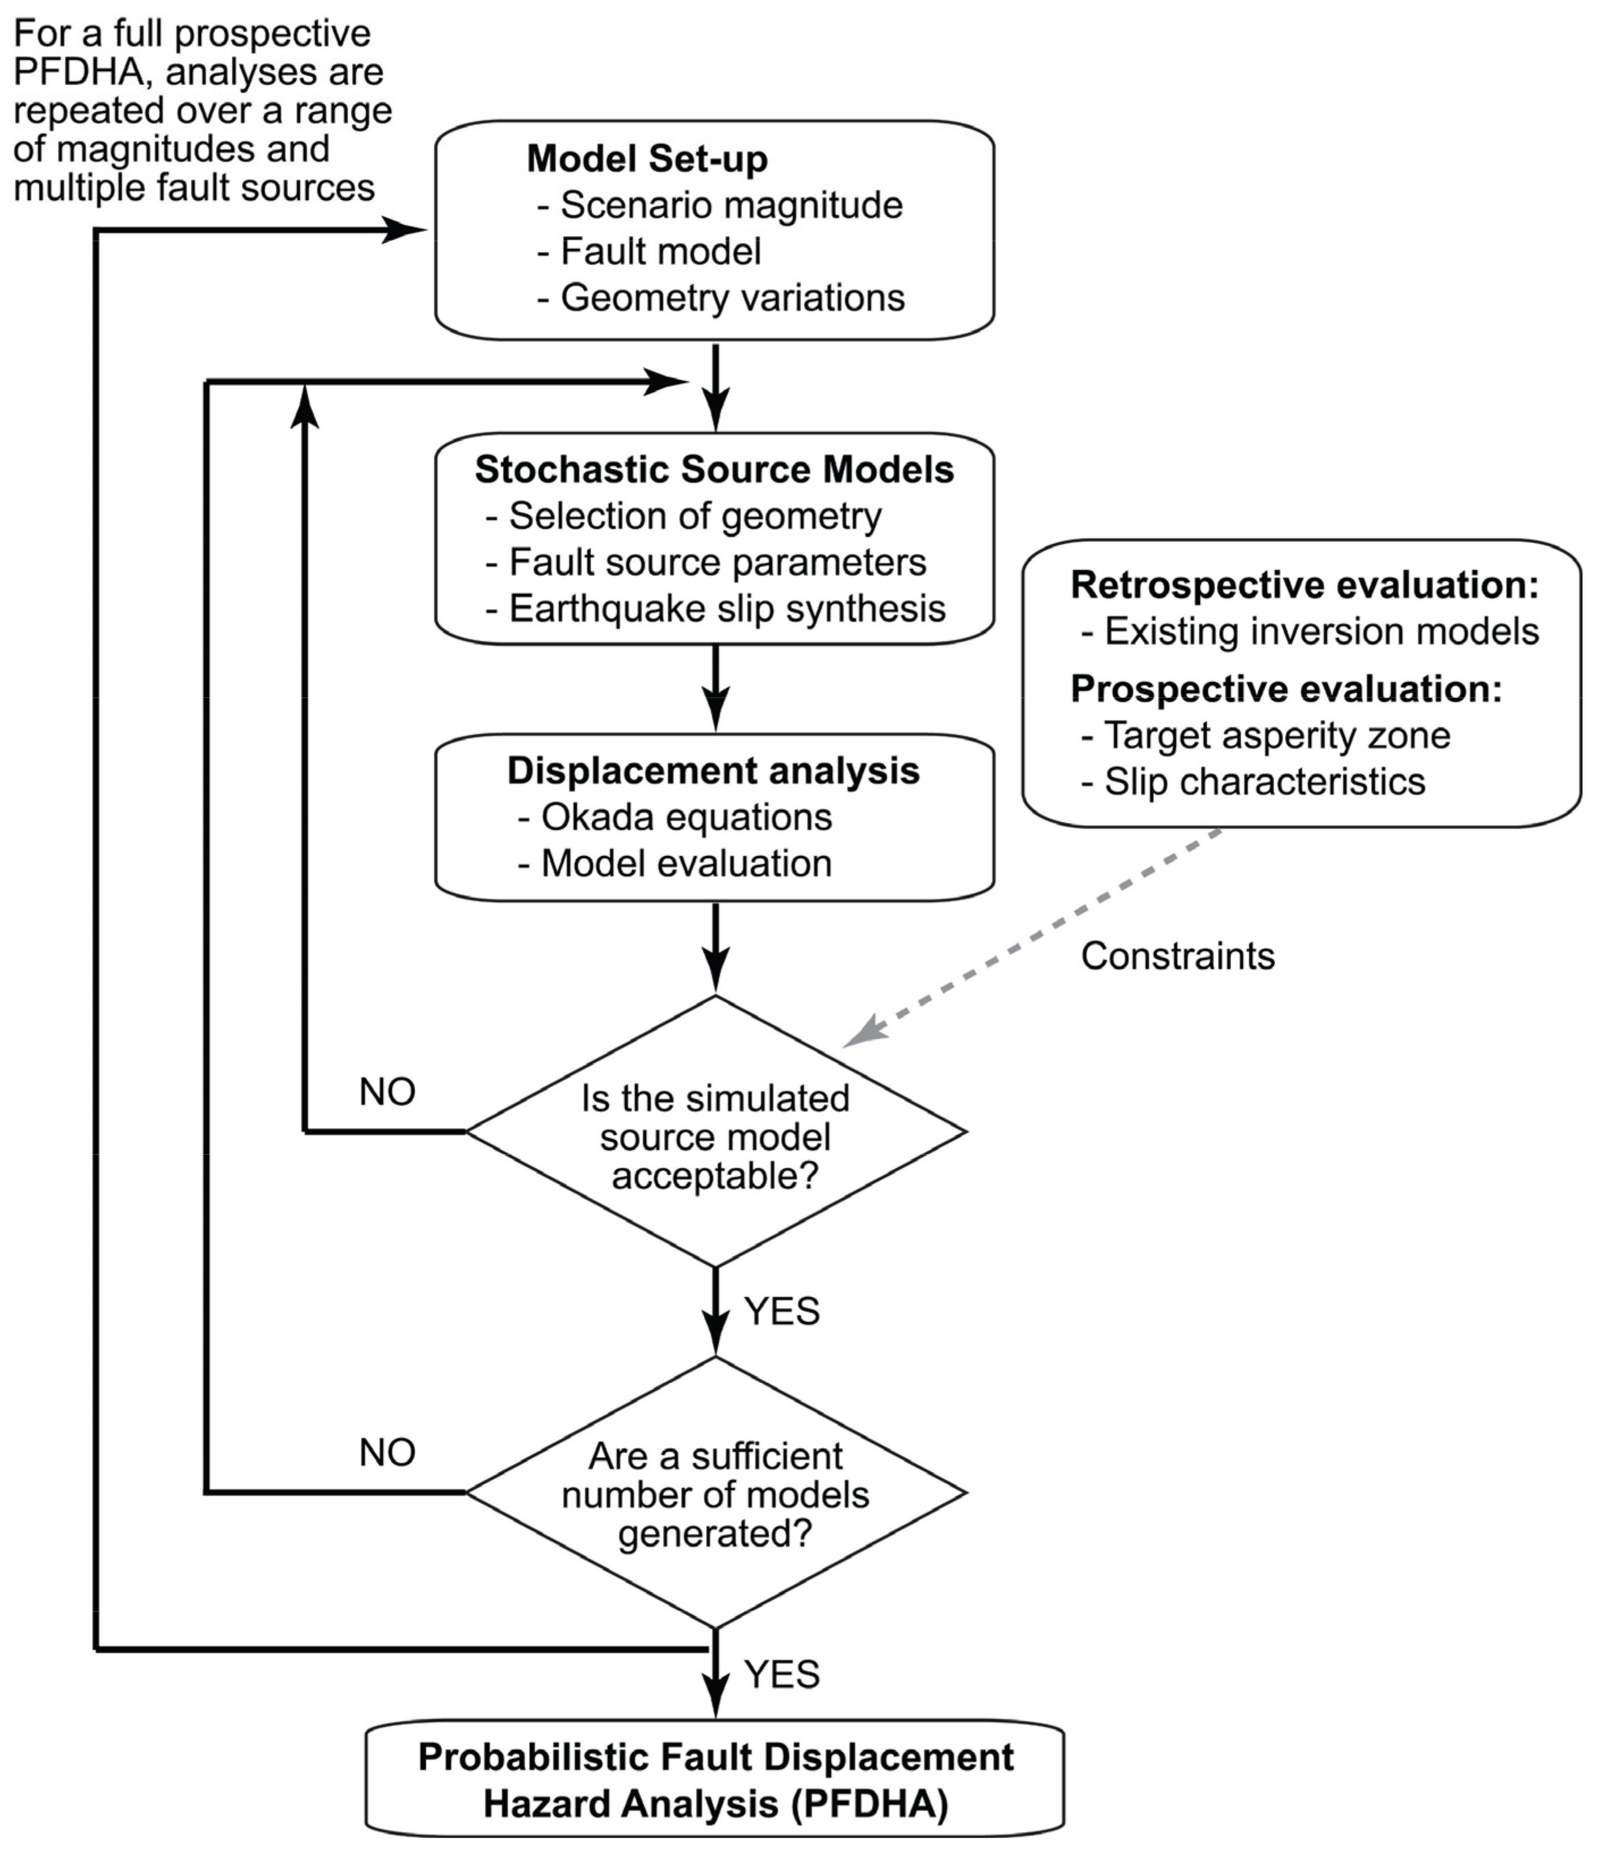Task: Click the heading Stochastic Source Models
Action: coord(714,470)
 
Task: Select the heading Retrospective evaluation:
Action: coord(1304,585)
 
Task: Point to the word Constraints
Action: coord(1177,957)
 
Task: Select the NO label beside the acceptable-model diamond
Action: coord(387,1092)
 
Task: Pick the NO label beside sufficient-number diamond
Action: coord(387,1453)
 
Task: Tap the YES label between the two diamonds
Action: coord(781,1311)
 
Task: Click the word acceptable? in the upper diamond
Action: coord(715,1176)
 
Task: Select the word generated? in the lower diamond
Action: coord(715,1534)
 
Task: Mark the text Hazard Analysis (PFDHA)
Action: coord(715,1804)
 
